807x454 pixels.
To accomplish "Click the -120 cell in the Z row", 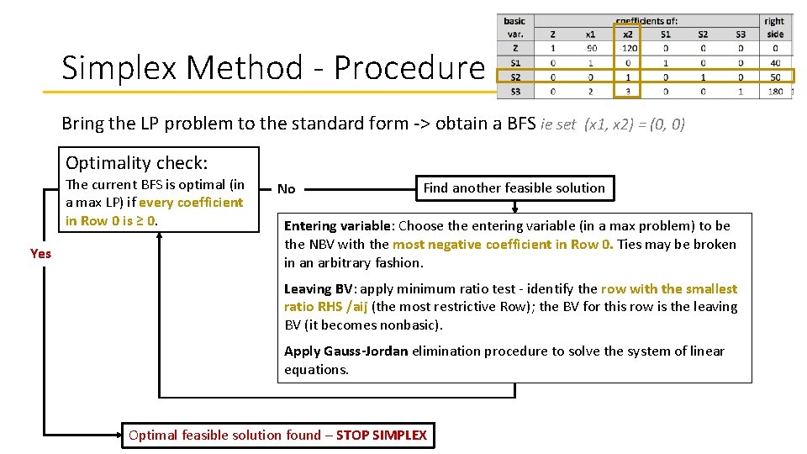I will (x=628, y=48).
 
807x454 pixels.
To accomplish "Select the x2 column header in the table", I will (x=627, y=34).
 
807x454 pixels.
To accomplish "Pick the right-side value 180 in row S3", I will (x=774, y=91).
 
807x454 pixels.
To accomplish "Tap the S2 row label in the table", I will (x=514, y=77).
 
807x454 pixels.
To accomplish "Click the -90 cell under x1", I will (x=590, y=48).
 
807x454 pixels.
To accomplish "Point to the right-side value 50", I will (x=774, y=77).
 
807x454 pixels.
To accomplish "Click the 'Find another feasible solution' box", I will (x=514, y=188).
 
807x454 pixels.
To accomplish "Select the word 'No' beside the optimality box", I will (x=287, y=189).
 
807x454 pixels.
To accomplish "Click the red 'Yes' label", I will (x=40, y=253).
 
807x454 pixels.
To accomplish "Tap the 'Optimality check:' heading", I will (x=137, y=163).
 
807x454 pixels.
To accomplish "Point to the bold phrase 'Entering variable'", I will (x=338, y=225).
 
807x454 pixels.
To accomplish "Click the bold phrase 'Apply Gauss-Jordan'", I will (x=345, y=351).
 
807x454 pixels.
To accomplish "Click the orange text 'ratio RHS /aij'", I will (x=326, y=307).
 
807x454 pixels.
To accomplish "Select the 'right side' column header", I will (x=774, y=28).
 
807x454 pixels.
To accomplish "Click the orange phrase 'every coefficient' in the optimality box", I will (x=191, y=203).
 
